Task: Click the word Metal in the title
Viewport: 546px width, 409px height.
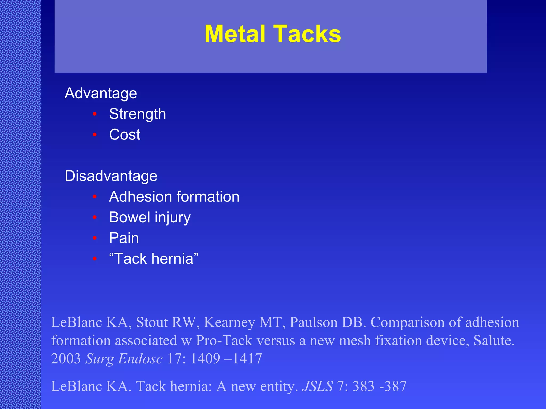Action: coord(235,34)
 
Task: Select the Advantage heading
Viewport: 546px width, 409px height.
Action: coord(101,93)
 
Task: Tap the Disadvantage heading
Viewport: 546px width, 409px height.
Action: coord(111,176)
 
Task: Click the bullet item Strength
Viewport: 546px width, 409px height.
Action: coord(138,114)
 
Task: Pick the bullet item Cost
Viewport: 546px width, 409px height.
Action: coord(125,134)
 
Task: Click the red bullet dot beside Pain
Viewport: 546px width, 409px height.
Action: coord(95,238)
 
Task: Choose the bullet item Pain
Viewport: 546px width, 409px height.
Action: coord(124,238)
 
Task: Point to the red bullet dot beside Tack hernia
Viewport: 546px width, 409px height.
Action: coord(95,259)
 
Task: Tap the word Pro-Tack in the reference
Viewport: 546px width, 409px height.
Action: coord(224,341)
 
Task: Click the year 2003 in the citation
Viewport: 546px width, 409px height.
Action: coord(66,359)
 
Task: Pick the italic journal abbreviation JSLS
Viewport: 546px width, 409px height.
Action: coord(317,386)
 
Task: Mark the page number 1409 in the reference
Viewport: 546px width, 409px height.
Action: coord(205,359)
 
